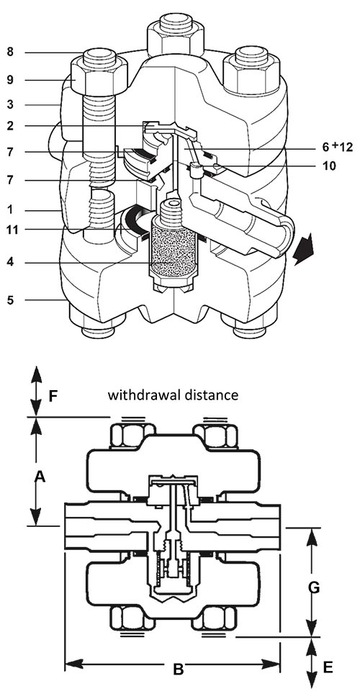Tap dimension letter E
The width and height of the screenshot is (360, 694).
328,667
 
